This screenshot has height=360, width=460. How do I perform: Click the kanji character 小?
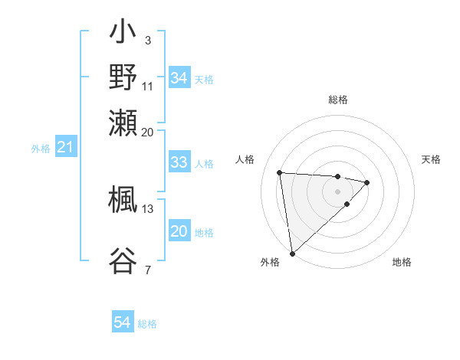(x=123, y=34)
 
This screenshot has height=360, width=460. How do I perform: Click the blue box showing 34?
(x=179, y=78)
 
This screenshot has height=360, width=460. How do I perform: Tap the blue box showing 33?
(x=179, y=162)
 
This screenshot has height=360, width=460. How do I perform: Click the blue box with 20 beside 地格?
(x=179, y=231)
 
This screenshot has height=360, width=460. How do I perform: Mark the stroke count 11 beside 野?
(x=148, y=85)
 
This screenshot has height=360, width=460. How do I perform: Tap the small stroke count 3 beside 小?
(x=147, y=39)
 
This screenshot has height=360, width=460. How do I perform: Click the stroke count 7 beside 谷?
(x=147, y=270)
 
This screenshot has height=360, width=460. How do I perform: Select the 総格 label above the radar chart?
(x=337, y=100)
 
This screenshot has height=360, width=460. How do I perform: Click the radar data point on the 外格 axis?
(x=292, y=253)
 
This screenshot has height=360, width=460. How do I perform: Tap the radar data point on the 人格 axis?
(x=280, y=172)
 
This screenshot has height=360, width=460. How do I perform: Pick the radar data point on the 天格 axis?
(x=367, y=182)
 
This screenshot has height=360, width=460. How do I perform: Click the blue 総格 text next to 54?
(x=147, y=324)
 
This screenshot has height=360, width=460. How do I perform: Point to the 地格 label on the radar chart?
(x=402, y=262)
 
